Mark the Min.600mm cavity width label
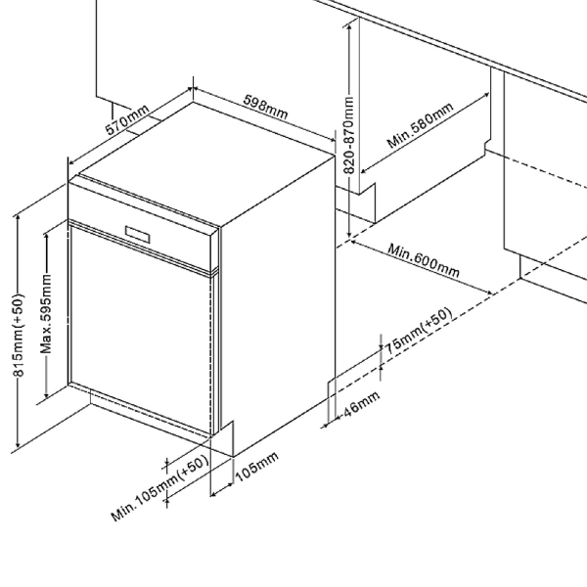(423, 259)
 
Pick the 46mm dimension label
(359, 404)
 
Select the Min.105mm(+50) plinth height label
(160, 492)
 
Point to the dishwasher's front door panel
(137, 328)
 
